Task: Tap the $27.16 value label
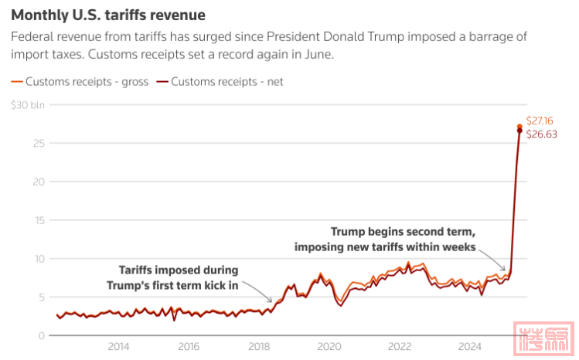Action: click(540, 121)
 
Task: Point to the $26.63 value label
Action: click(540, 134)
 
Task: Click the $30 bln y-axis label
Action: click(28, 105)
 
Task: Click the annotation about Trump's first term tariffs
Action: click(172, 278)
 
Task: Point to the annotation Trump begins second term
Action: click(384, 239)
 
